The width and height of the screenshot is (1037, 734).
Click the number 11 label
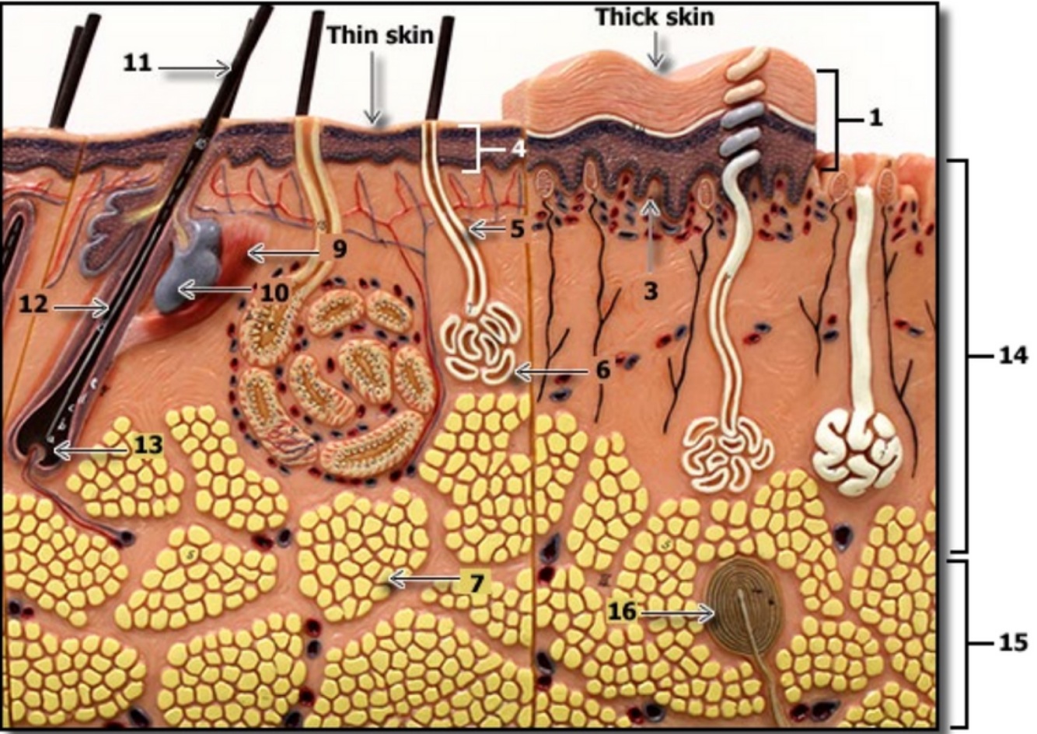tap(138, 63)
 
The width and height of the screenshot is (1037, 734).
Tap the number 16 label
tap(622, 612)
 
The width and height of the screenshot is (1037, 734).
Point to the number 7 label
tap(475, 581)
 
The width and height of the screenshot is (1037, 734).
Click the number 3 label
tap(651, 291)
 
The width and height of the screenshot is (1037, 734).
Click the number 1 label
tap(875, 118)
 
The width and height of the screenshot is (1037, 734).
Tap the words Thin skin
tap(380, 34)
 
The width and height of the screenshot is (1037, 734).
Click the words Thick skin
tap(655, 16)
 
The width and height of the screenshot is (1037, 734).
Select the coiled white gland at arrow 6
tap(478, 342)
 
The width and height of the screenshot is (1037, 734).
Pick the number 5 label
tap(518, 229)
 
